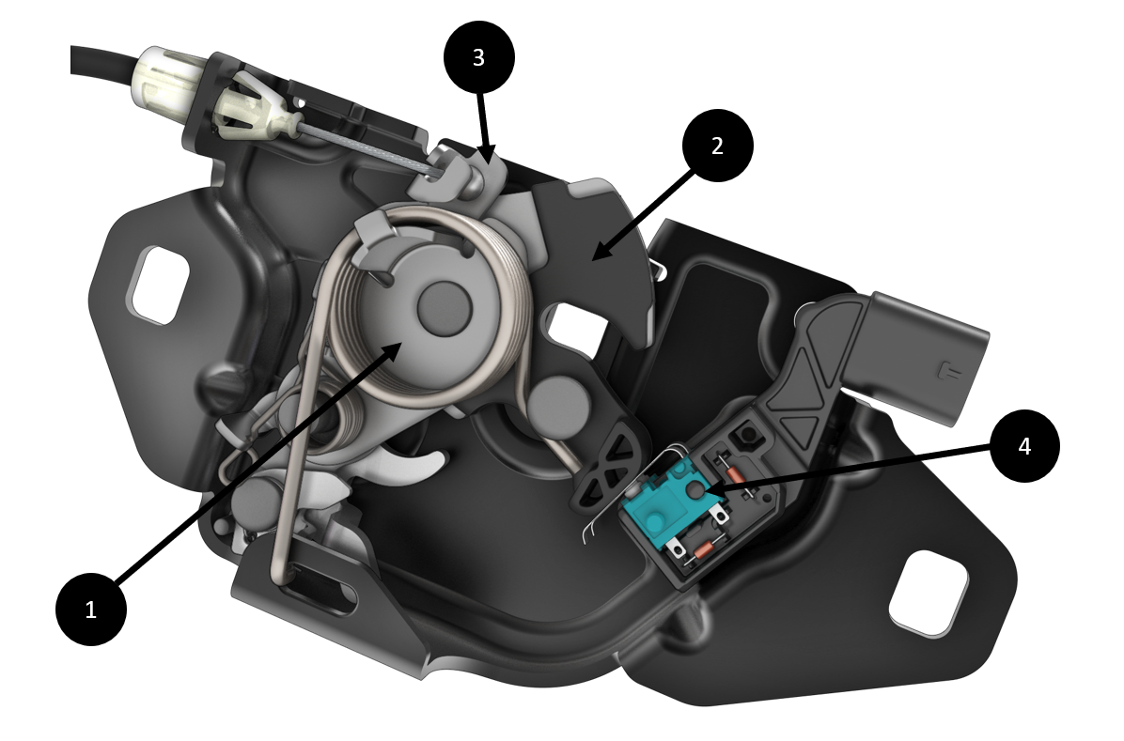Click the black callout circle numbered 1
91,610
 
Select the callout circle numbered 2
718,146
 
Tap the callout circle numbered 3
479,57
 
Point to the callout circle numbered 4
1024,446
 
